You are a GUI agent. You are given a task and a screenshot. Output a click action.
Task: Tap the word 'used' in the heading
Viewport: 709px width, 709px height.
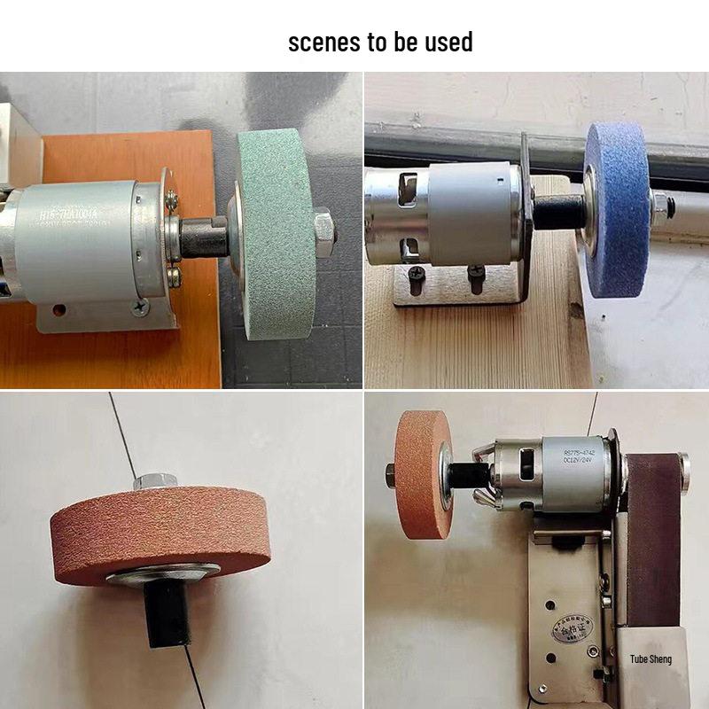(x=448, y=42)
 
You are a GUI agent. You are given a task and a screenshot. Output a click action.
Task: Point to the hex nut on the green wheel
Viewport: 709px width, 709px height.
(x=323, y=227)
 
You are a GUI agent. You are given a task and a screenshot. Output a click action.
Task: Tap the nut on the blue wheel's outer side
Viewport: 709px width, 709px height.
(x=660, y=202)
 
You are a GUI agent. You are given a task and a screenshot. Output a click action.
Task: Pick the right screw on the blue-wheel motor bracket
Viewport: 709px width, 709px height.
(x=475, y=283)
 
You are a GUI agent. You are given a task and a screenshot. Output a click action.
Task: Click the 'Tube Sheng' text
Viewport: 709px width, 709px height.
(x=651, y=658)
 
